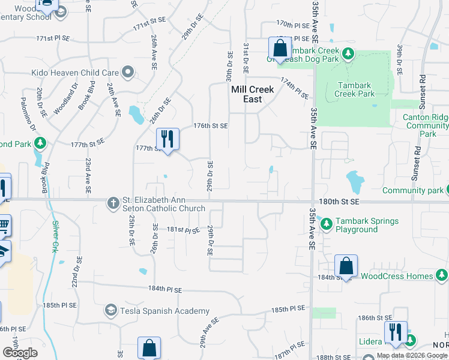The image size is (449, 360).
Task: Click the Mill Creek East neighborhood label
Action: pos(253,94)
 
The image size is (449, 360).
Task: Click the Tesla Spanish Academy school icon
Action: pos(111,310)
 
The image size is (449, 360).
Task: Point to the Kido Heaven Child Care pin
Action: pos(127,73)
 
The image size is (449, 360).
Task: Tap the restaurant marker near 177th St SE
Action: pos(168,139)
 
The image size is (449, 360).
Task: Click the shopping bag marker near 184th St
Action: pos(346,266)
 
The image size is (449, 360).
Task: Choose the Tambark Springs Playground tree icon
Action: pos(327,225)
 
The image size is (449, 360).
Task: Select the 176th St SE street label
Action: pos(211,126)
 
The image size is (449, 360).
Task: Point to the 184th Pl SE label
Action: pos(165,290)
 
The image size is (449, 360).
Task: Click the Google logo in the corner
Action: pos(20,353)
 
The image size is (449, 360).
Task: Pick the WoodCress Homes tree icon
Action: pos(442,275)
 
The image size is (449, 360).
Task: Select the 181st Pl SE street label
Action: pos(183,230)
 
